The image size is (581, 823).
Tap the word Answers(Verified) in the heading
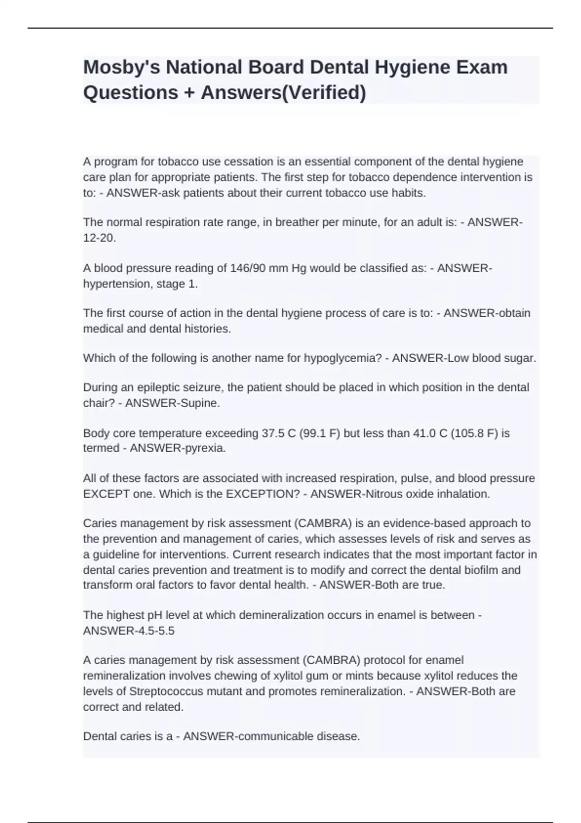point(283,92)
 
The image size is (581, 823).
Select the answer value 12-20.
point(99,238)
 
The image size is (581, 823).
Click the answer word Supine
point(198,403)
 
